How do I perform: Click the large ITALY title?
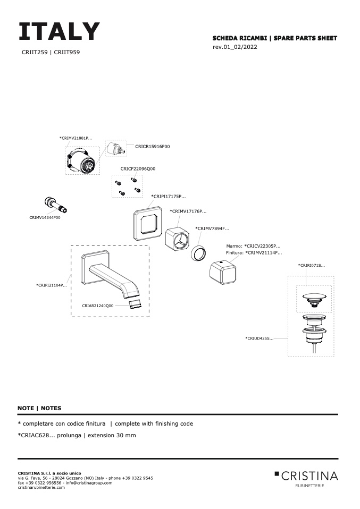click(59, 32)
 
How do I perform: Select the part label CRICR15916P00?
click(153, 146)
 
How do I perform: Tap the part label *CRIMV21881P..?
click(76, 138)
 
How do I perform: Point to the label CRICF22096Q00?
click(138, 168)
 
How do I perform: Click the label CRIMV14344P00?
click(45, 217)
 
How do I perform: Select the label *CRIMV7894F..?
click(212, 228)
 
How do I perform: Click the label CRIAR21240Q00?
click(98, 306)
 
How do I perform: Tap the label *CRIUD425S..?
click(259, 338)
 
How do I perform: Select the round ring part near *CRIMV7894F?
click(199, 252)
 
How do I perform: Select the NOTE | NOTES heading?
click(39, 408)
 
